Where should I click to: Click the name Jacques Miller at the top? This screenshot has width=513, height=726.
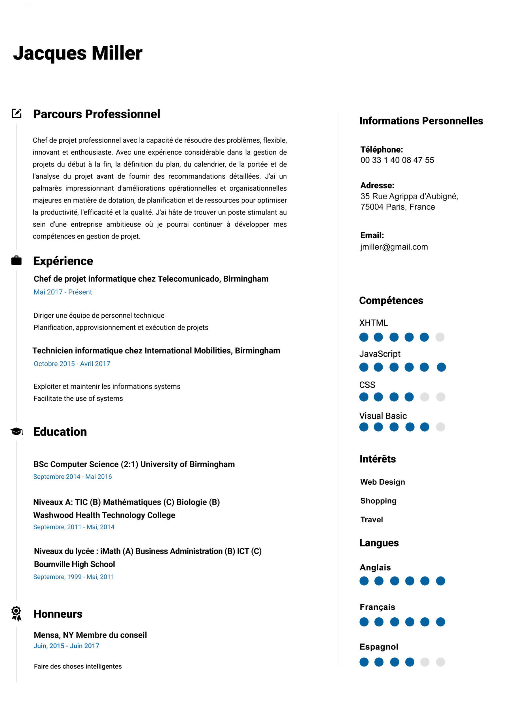coord(78,53)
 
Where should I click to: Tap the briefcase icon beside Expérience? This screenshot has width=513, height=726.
coord(16,261)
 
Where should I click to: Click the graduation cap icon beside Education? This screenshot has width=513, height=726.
coord(16,431)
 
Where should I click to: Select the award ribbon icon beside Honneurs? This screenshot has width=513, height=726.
coord(16,613)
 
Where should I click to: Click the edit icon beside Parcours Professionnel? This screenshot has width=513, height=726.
coord(16,113)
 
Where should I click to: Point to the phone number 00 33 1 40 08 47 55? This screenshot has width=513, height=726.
coord(397,160)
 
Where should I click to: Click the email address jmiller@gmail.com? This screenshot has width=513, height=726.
coord(394,247)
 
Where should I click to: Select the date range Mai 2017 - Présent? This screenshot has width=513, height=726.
coord(63,292)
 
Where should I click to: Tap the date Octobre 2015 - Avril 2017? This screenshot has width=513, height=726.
coord(72,364)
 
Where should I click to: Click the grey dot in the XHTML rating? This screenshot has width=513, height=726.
coord(440,337)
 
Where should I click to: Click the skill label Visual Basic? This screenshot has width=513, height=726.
coord(383,416)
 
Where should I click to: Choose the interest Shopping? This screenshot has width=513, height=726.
coord(378,501)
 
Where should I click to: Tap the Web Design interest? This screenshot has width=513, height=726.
coord(382,482)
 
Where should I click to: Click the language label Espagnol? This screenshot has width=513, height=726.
coord(379,647)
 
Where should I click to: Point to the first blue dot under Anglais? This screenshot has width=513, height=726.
coord(364,581)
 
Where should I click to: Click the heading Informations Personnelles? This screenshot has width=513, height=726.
coord(421,121)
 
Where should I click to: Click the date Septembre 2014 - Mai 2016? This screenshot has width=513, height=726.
coord(72,476)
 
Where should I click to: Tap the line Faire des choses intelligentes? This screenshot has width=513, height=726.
coord(78,666)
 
